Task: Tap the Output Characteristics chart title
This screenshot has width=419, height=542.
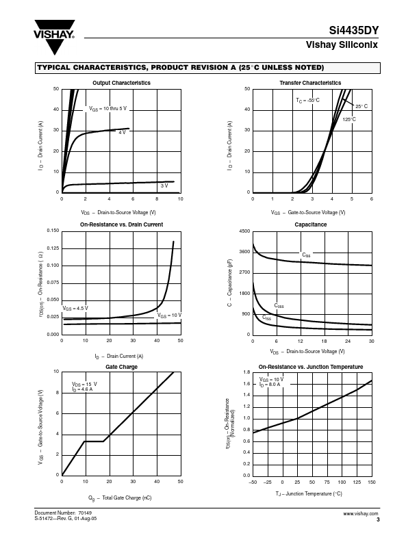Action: [x=121, y=83]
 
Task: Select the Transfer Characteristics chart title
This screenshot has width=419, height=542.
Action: [x=310, y=83]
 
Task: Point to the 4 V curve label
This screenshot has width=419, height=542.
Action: [x=122, y=132]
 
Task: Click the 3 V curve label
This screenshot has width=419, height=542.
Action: [x=164, y=185]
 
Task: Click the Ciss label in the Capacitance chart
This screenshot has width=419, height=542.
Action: [x=306, y=255]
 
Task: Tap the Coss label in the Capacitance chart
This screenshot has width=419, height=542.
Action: [x=279, y=305]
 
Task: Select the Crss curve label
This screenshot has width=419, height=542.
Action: [x=267, y=318]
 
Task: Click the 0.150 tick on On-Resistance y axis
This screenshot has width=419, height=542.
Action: [x=53, y=231]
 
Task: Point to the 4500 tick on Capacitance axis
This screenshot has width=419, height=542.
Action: [x=244, y=232]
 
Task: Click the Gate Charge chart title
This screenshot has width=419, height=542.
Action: [x=121, y=367]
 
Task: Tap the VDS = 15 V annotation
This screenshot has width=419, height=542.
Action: [x=84, y=384]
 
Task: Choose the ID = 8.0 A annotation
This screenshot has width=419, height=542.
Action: [x=270, y=385]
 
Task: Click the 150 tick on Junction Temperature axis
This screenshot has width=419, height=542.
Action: [x=372, y=482]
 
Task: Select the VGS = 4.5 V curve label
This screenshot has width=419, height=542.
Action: [x=75, y=309]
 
